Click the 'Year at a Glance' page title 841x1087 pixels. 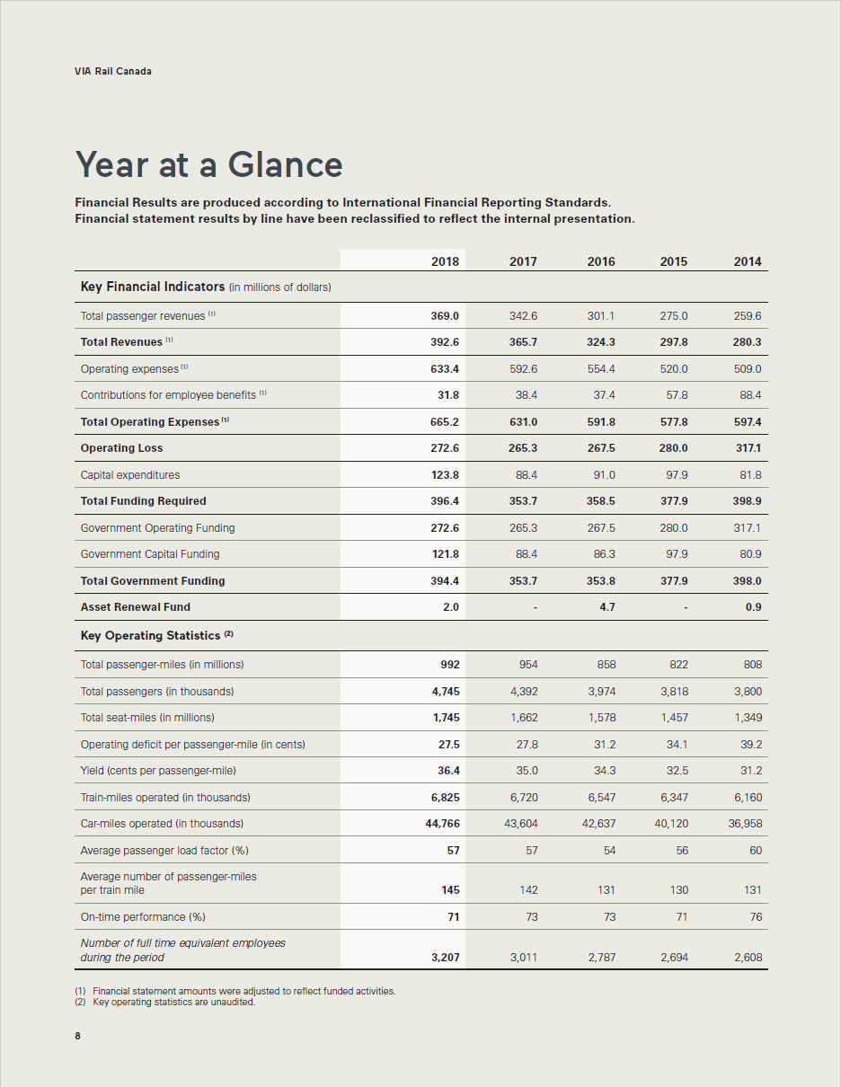click(x=208, y=164)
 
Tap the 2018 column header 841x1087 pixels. click(x=445, y=261)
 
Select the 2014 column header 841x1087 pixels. click(x=747, y=261)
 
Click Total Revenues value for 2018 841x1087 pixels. click(x=445, y=342)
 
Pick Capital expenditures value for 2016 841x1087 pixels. click(x=601, y=474)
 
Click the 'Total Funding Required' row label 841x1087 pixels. click(x=144, y=501)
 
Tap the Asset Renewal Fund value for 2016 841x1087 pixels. click(x=607, y=607)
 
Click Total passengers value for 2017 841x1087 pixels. click(x=524, y=692)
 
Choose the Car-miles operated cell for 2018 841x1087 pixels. click(x=442, y=824)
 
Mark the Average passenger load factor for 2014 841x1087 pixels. click(x=755, y=851)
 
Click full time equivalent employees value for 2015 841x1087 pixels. click(x=674, y=958)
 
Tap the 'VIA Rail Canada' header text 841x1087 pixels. click(x=113, y=71)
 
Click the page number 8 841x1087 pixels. click(x=77, y=1036)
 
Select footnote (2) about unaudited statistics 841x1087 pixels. click(x=165, y=1003)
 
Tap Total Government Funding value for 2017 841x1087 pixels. click(x=523, y=581)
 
